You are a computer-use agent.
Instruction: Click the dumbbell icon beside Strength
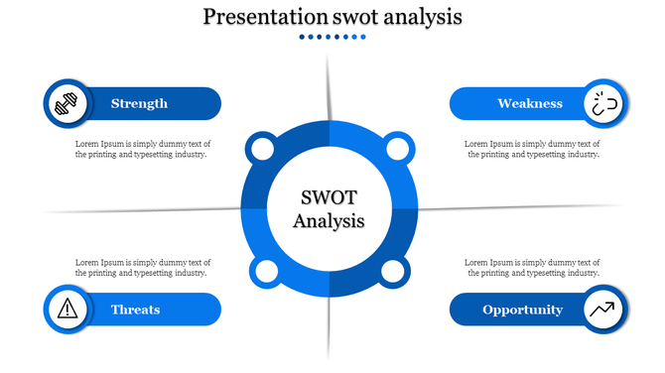click(66, 103)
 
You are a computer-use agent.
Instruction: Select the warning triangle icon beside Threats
click(66, 309)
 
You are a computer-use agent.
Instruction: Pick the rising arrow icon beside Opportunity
click(603, 310)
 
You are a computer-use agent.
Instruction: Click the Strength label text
click(139, 103)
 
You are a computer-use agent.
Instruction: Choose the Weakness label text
click(530, 103)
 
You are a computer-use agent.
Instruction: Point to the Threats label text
click(136, 310)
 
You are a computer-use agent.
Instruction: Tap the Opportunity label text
click(522, 310)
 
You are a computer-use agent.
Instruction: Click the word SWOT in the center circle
click(330, 196)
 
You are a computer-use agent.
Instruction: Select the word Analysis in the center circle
click(330, 220)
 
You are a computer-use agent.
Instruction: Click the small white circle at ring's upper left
click(262, 151)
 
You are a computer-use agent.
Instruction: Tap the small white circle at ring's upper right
click(397, 151)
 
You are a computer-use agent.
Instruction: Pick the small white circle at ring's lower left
click(265, 272)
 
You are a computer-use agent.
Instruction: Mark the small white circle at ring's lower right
click(392, 272)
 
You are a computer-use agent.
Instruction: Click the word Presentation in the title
click(264, 17)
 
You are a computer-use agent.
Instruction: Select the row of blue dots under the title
click(332, 37)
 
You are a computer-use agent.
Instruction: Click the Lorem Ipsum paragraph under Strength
click(142, 149)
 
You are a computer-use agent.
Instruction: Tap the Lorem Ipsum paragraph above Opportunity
click(532, 267)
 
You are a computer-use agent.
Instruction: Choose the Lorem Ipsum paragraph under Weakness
click(532, 149)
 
